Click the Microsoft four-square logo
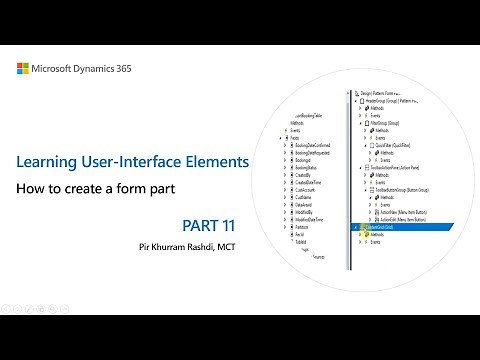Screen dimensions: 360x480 pyautogui.click(x=24, y=69)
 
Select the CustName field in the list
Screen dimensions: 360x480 pyautogui.click(x=308, y=196)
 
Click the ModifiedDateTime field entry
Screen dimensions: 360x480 pyautogui.click(x=314, y=218)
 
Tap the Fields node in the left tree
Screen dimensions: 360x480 pyautogui.click(x=296, y=139)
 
